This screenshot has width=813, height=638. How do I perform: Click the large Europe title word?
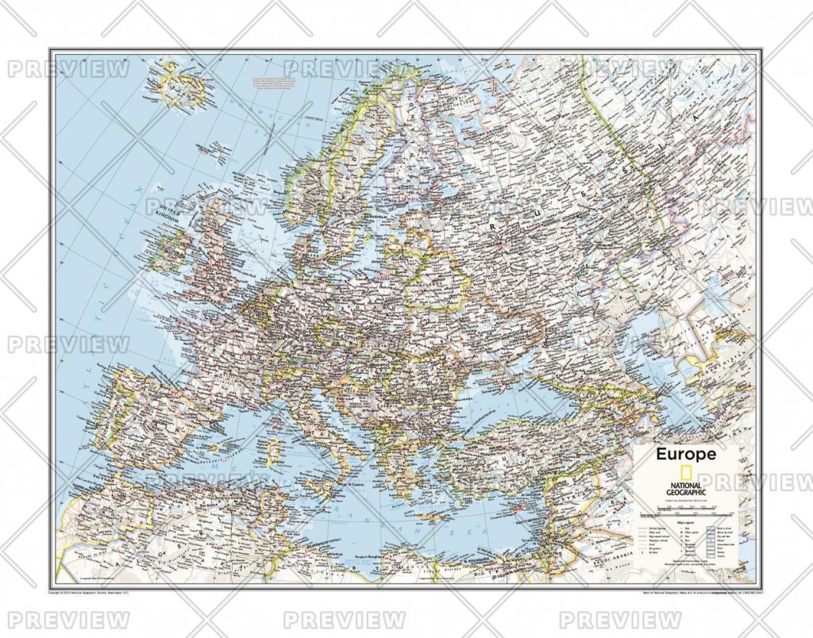pyautogui.click(x=685, y=454)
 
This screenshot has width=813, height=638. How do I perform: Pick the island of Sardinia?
pyautogui.click(x=275, y=452)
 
